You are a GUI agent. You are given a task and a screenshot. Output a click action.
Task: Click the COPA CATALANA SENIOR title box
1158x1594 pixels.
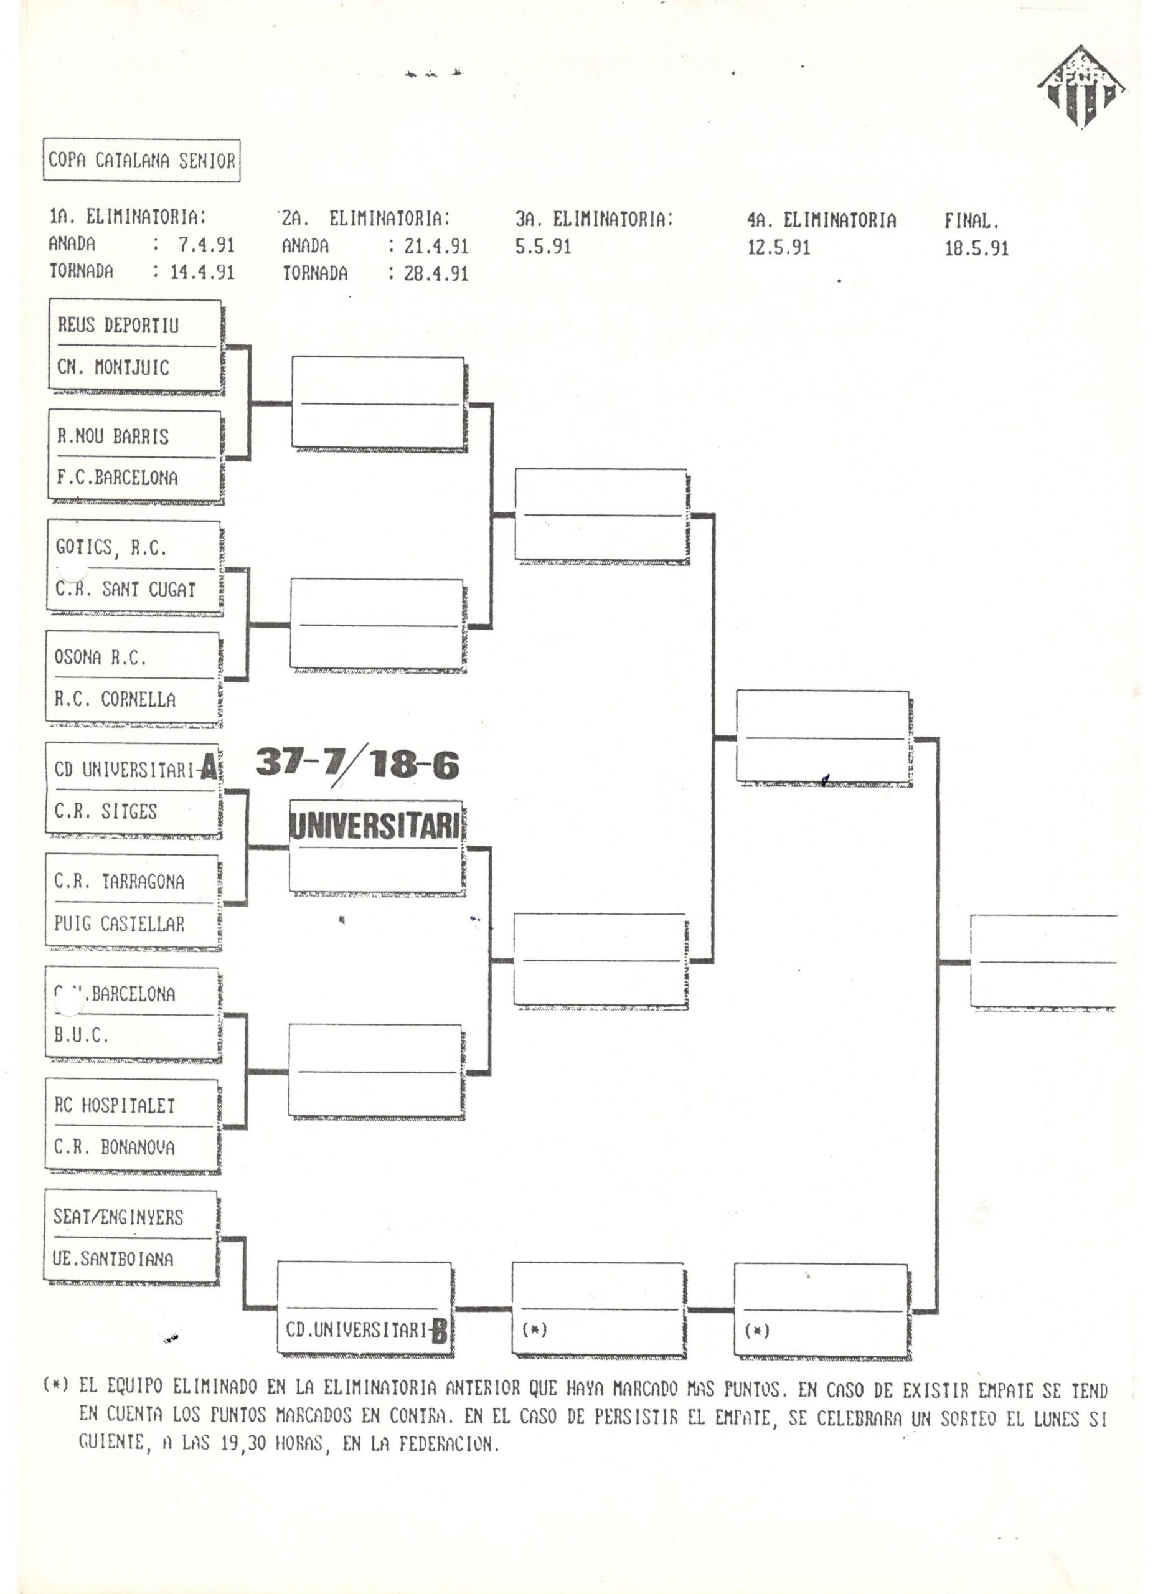[141, 160]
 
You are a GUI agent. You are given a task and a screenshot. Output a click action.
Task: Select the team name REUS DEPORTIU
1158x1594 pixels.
[118, 326]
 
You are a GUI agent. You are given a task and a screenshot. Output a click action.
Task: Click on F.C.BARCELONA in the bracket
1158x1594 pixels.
[117, 478]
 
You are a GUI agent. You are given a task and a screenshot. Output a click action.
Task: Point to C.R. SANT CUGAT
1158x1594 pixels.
[125, 590]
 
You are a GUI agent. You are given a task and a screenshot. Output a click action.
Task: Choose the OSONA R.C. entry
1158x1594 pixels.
[100, 658]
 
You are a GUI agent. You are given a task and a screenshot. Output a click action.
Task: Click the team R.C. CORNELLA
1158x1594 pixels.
[115, 700]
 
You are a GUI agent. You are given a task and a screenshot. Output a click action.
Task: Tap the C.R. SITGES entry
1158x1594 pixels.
[105, 812]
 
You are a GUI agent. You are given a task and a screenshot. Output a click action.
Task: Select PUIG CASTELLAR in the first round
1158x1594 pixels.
[120, 923]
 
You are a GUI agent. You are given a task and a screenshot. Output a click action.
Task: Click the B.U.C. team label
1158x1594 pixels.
[82, 1035]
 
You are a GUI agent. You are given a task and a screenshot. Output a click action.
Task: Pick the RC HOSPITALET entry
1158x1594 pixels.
[115, 1106]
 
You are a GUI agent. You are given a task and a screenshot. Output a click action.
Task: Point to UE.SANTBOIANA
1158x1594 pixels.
[113, 1259]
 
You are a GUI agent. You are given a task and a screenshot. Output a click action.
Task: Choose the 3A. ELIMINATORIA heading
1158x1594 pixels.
[595, 220]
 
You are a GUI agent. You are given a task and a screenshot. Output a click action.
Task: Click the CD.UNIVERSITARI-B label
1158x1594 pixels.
[366, 1330]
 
